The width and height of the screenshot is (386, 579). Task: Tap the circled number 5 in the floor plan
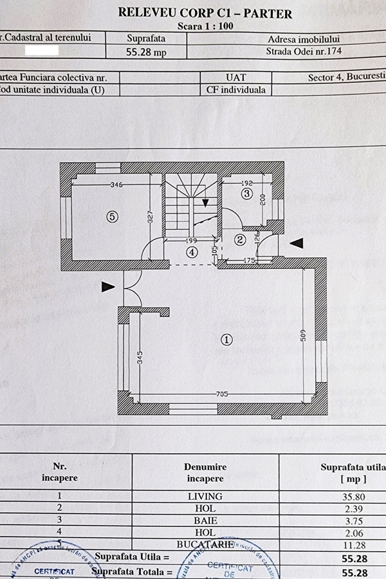tap(113, 217)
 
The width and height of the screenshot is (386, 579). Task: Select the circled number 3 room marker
tap(246, 192)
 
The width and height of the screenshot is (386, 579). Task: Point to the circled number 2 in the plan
tap(240, 240)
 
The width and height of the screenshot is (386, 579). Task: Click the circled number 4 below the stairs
tap(192, 252)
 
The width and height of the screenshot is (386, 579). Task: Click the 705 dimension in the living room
tap(222, 394)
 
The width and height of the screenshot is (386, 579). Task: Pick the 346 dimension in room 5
tap(116, 185)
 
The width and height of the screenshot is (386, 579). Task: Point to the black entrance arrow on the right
tap(296, 243)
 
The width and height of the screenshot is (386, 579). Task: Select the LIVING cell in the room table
tap(205, 496)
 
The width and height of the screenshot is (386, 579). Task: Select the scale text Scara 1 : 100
tap(205, 26)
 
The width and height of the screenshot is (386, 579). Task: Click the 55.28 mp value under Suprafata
tap(146, 53)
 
